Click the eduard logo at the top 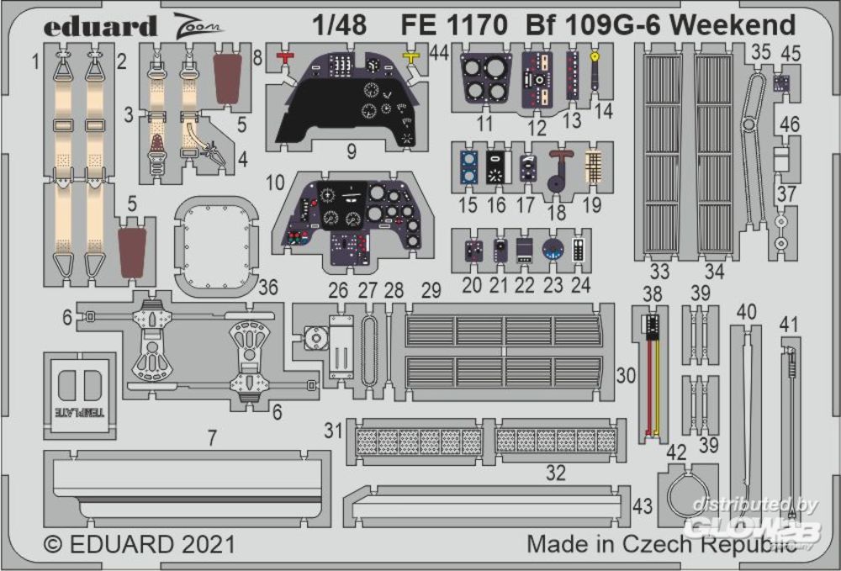click(x=101, y=28)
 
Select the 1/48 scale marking click(x=343, y=26)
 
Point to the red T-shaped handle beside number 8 click(x=287, y=57)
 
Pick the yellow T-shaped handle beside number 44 click(x=411, y=57)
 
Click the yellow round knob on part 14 click(x=595, y=57)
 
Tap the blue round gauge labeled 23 click(x=553, y=250)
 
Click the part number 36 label click(x=268, y=288)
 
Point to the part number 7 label click(x=212, y=437)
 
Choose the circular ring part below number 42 click(x=690, y=497)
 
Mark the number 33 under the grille click(x=659, y=272)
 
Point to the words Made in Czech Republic click(x=661, y=544)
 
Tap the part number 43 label click(x=643, y=506)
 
